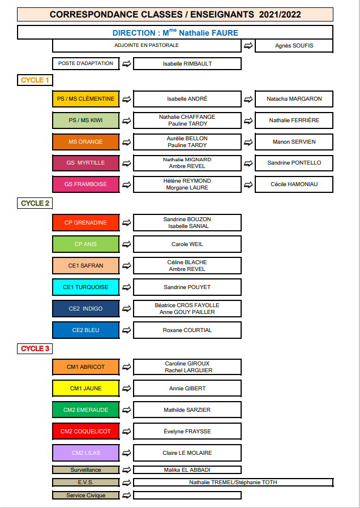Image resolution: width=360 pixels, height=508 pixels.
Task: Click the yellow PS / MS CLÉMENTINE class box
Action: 86,99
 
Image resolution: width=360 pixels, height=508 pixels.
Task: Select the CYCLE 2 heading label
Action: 35,204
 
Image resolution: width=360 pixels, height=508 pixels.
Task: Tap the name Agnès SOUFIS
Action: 294,46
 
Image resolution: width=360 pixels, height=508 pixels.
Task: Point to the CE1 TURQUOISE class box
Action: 86,287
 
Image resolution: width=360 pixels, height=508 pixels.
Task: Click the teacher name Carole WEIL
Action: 187,244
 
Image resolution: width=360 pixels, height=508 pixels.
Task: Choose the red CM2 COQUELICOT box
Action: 86,431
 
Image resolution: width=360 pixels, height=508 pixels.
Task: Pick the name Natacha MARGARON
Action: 294,99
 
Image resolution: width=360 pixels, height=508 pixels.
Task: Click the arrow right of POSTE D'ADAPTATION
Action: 127,64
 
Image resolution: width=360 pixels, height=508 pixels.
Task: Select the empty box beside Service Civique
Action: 187,496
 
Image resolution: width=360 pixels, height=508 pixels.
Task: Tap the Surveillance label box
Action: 86,470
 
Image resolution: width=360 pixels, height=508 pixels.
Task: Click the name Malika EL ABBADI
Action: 187,470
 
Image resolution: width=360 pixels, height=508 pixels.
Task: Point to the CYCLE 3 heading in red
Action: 35,348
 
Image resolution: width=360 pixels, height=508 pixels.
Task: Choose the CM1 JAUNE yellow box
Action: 86,388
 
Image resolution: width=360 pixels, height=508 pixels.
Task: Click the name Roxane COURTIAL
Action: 187,330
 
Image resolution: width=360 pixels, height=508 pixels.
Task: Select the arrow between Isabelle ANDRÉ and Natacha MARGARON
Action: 248,99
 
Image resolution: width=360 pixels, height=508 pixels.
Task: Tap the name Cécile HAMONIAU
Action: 294,184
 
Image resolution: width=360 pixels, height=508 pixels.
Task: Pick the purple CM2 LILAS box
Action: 86,453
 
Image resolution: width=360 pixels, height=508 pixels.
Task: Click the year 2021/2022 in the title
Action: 280,15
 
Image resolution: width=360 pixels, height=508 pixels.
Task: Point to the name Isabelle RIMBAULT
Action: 187,64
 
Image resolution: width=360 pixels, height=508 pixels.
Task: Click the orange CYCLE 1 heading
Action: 35,80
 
